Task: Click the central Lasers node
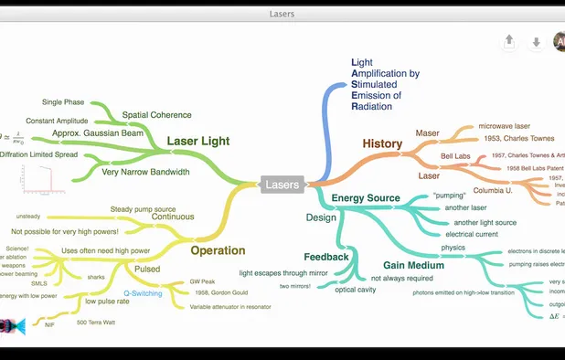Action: point(282,185)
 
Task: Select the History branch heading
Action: point(382,143)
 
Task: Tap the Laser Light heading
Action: point(198,142)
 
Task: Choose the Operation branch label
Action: point(218,250)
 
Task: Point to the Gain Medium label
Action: point(402,264)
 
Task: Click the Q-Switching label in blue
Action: point(143,293)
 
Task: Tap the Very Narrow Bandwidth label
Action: point(146,172)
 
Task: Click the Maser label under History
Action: point(427,132)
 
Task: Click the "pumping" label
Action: point(450,195)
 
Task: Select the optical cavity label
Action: point(354,290)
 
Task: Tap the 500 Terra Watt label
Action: point(94,323)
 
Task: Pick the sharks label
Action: point(96,277)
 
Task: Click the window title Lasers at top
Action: point(282,14)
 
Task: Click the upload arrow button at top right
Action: point(509,41)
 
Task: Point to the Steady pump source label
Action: point(143,209)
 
